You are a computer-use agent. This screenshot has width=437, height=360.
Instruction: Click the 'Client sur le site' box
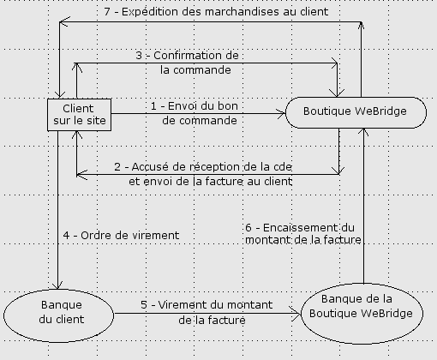79,115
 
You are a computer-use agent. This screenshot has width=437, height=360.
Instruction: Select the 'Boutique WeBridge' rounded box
356,112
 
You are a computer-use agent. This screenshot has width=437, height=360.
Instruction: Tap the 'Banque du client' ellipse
59,315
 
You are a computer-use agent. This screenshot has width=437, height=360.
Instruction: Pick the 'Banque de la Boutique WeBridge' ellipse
362,314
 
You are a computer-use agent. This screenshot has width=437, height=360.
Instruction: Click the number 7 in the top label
107,12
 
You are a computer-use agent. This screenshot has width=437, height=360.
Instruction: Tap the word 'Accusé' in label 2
150,167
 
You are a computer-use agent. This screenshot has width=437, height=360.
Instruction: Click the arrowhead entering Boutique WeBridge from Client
282,114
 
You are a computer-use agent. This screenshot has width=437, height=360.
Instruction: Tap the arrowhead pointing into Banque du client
58,285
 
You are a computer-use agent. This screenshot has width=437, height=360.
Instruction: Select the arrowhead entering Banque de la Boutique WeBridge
296,314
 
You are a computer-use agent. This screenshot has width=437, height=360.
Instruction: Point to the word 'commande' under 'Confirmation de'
202,70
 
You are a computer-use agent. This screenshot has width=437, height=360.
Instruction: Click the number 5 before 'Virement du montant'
144,305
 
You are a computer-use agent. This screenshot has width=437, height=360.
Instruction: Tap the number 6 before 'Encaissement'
248,228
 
